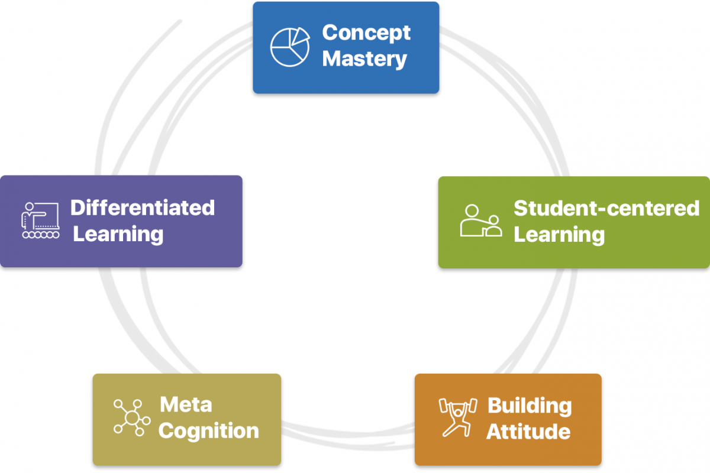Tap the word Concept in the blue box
click(366, 33)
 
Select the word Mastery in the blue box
click(364, 59)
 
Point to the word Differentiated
click(143, 208)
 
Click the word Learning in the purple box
click(118, 234)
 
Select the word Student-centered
click(606, 208)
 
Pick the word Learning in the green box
click(559, 234)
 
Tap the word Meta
click(186, 405)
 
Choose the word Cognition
click(209, 430)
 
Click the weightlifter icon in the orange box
click(457, 417)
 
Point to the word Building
click(530, 406)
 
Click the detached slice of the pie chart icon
click(300, 35)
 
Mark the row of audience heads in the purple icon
click(40, 235)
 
